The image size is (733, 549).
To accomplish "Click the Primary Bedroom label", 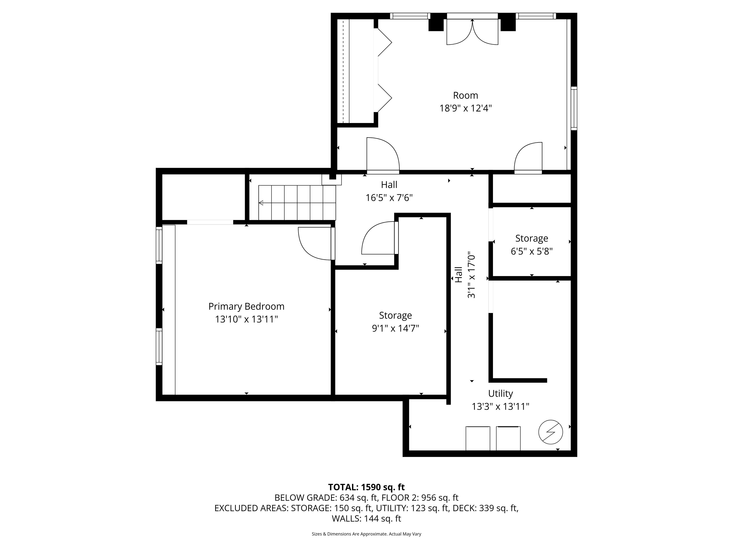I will click(246, 306).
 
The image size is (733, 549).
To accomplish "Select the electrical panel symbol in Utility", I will click(550, 432).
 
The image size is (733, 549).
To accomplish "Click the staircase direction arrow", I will click(261, 203).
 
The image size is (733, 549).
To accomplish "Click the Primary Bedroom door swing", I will click(315, 243).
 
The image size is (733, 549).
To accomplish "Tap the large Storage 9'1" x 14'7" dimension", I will click(395, 328).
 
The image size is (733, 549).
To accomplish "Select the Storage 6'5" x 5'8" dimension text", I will click(532, 251).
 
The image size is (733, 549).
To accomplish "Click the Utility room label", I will click(500, 393).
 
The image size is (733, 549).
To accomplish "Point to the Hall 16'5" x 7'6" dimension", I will click(389, 198).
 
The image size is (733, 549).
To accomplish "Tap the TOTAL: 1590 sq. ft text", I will click(366, 487).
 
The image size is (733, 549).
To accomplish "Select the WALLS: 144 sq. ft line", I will click(366, 518).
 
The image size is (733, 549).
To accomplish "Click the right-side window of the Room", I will click(574, 108).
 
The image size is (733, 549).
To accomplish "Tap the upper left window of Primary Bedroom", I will click(159, 245).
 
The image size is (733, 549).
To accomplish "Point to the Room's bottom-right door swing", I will click(529, 158).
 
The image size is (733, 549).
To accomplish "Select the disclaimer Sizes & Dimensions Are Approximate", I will click(366, 534).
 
